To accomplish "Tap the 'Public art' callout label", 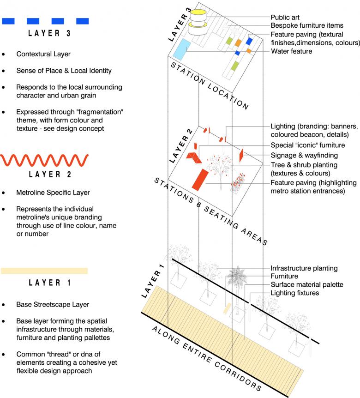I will (285, 17).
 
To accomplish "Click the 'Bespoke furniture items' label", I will (307, 25).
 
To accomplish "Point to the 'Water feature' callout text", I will (291, 51).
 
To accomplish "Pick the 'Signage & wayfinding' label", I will (304, 156).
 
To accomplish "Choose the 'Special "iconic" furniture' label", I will (308, 146).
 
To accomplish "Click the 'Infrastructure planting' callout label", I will (304, 268).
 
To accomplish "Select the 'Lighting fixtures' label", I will (294, 293).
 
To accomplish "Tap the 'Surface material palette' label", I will (306, 285).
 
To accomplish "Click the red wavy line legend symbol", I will (44, 160).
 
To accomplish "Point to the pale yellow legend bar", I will (44, 271).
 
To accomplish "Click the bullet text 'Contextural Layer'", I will (43, 54).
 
